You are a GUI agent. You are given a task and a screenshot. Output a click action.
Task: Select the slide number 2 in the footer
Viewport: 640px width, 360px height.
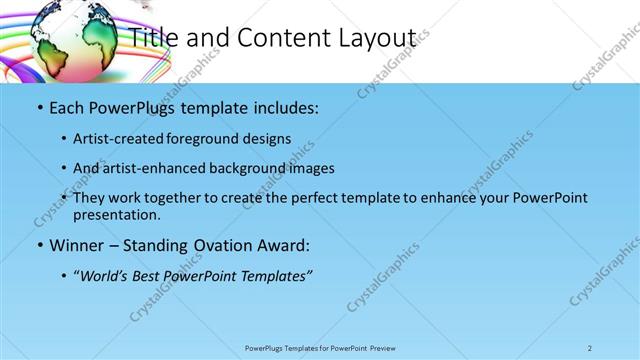pyautogui.click(x=590, y=348)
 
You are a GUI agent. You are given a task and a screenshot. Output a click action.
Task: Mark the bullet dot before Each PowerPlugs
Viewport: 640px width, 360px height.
pyautogui.click(x=38, y=108)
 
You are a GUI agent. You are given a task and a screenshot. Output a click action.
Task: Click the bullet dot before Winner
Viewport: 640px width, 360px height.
pyautogui.click(x=38, y=245)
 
